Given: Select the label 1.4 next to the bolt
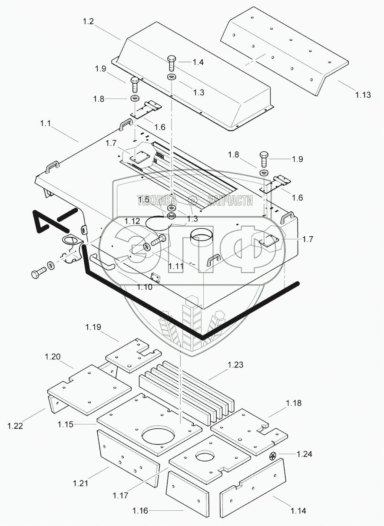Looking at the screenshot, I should click(x=198, y=62).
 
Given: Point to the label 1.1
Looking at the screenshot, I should click(x=46, y=124).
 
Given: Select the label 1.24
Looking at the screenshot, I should click(x=305, y=454).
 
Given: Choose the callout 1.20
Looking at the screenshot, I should click(x=52, y=357).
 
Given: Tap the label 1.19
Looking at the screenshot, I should click(x=93, y=327).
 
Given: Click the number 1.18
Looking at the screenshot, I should click(x=293, y=403).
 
